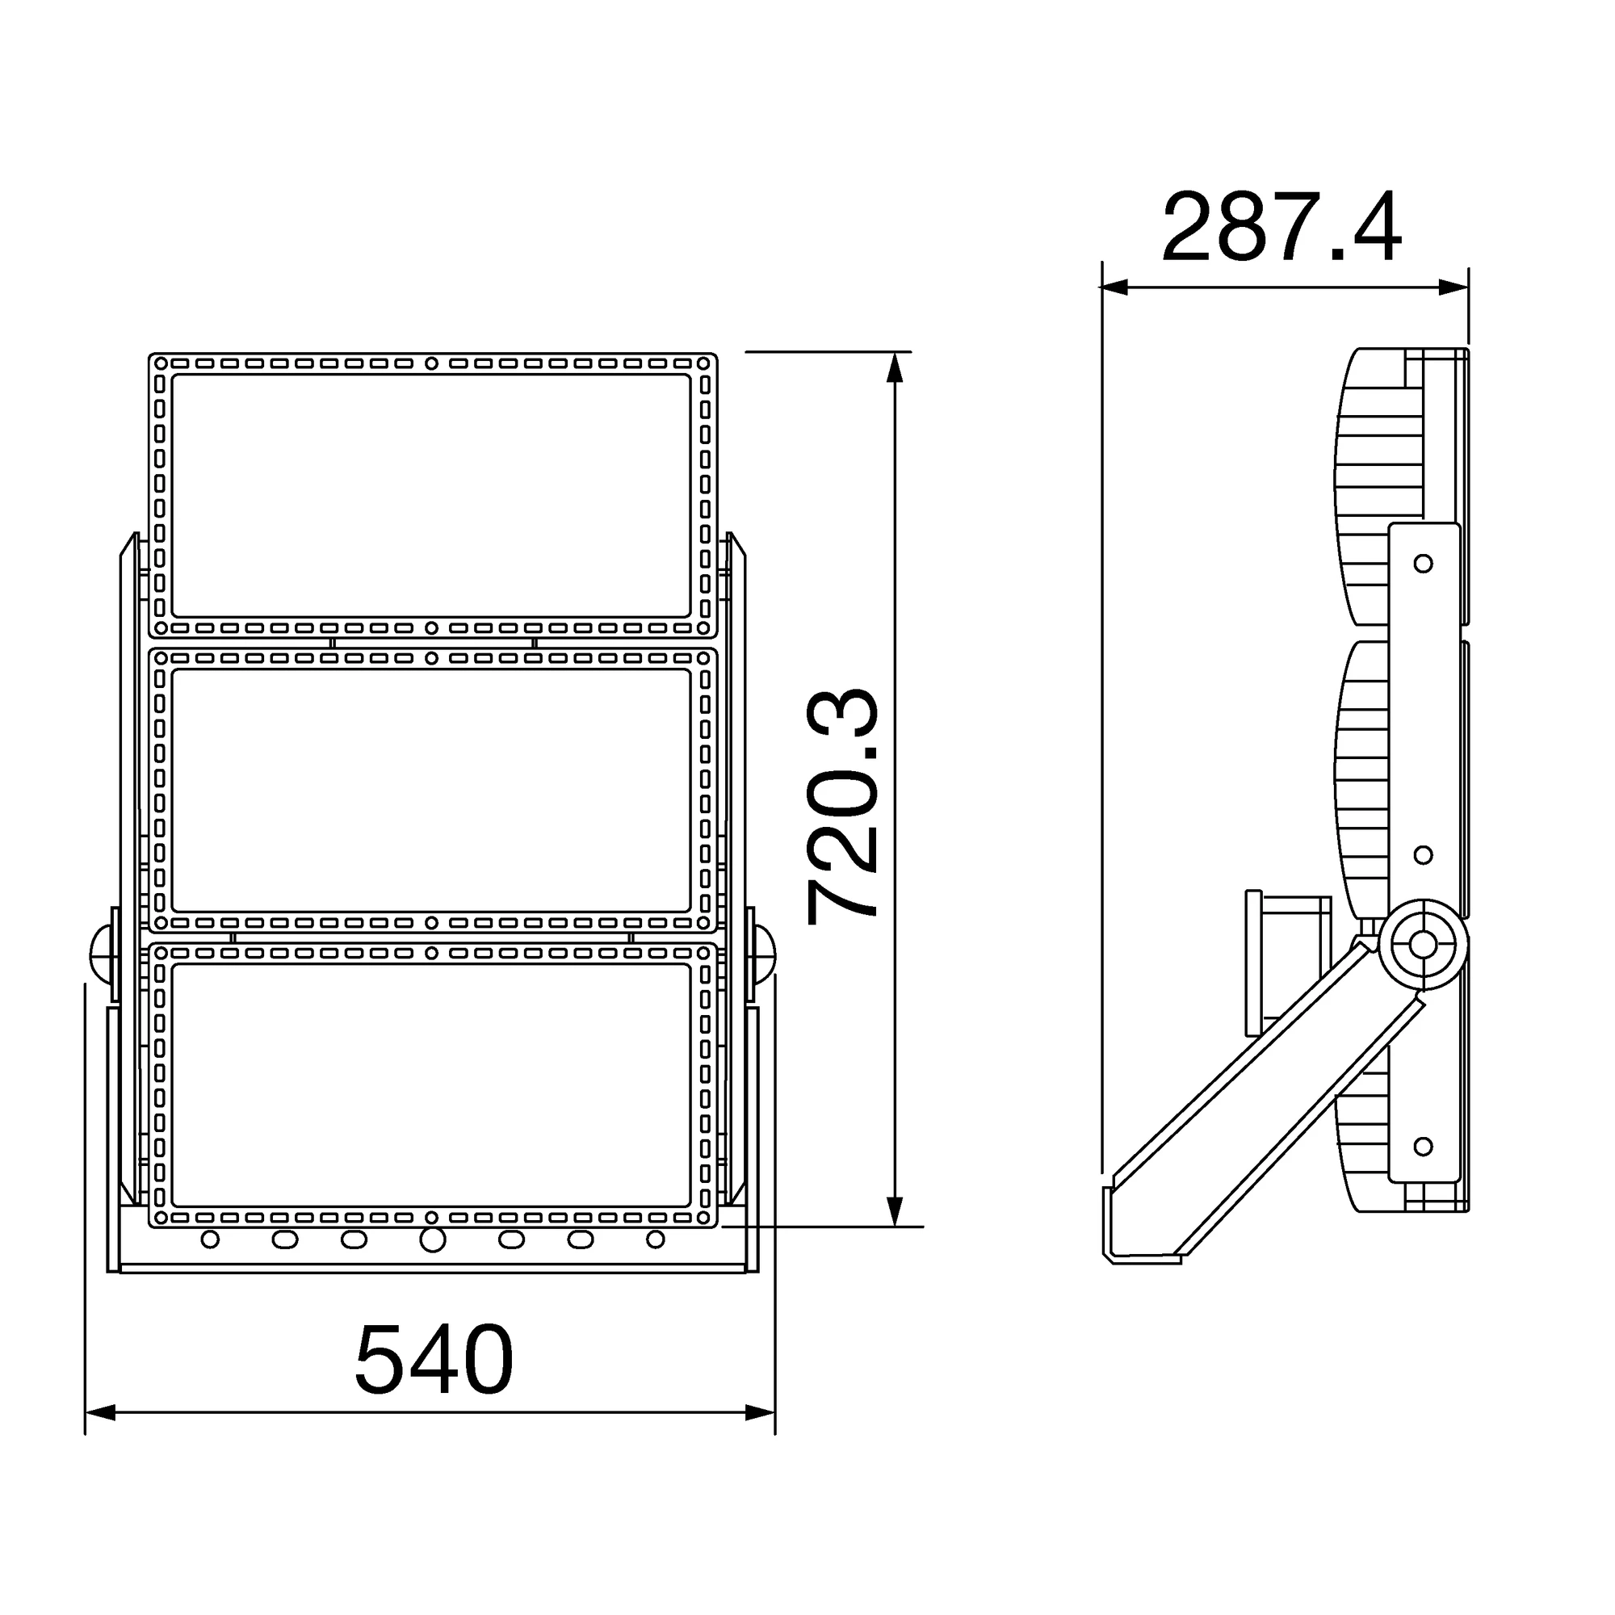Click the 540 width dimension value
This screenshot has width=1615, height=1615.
click(433, 1360)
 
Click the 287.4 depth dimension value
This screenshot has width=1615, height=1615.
click(1282, 228)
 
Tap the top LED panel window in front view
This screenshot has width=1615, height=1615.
click(431, 496)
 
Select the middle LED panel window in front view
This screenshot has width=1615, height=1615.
click(431, 791)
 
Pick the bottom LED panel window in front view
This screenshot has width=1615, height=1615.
click(431, 1085)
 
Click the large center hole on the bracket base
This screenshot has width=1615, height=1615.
click(432, 1240)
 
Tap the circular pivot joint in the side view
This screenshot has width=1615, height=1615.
click(1423, 945)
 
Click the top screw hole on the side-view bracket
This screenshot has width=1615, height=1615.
click(1423, 564)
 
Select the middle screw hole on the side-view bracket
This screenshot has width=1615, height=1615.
click(1423, 855)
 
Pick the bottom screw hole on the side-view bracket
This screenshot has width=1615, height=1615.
click(1423, 1146)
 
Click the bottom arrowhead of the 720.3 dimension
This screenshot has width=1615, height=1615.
click(896, 1211)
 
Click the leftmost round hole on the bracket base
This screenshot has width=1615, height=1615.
click(211, 1239)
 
